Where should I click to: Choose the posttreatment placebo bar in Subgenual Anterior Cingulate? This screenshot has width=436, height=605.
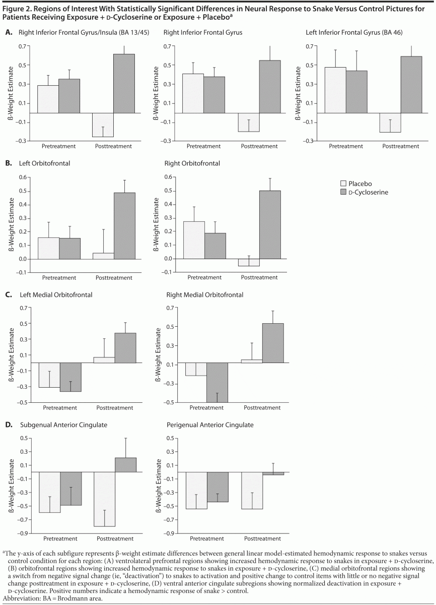tap(105, 499)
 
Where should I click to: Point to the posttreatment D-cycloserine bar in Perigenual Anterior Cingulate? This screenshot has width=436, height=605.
tap(273, 473)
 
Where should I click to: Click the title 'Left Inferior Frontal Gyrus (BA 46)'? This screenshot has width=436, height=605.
tap(354, 33)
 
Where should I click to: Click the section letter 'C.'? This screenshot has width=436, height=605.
tap(9, 294)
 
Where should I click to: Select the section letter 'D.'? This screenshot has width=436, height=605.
tap(9, 425)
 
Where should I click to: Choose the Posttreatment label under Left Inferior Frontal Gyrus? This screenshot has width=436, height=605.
tap(401, 146)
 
